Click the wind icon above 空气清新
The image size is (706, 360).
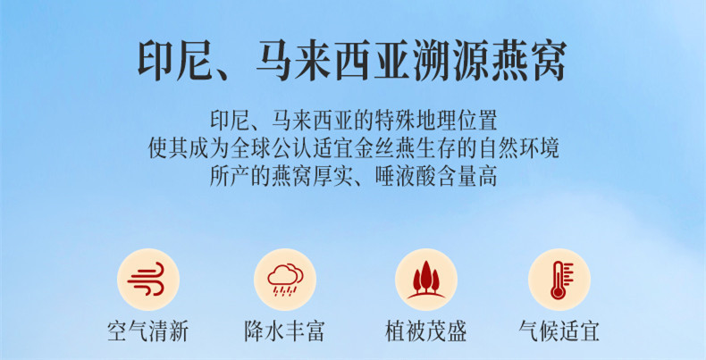[x=147, y=279]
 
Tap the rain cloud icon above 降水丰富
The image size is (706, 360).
[x=285, y=280]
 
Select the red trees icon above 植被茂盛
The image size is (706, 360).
[x=426, y=280]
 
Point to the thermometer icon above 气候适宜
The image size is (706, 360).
[x=560, y=280]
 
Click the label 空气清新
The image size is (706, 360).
[x=147, y=331]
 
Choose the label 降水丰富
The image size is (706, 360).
[x=284, y=331]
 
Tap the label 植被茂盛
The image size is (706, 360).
[x=426, y=331]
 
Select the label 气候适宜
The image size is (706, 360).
[x=559, y=331]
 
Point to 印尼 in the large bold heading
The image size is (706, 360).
[x=174, y=62]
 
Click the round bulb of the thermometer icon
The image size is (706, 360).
[x=558, y=293]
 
